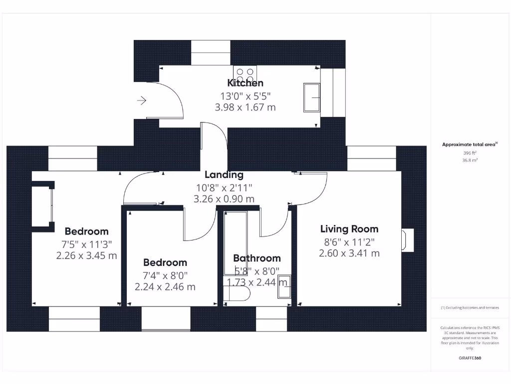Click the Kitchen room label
coord(245,83)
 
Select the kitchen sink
coord(312,97)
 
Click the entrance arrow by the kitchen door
coord(142,101)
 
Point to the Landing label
coord(224,175)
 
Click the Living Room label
coord(349,229)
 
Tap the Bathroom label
coord(257,258)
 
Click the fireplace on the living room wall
coord(408,240)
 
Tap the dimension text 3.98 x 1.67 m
coord(245,107)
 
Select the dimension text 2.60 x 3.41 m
coord(349,253)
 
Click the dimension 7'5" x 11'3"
coord(86,244)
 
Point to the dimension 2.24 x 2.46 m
coord(165,287)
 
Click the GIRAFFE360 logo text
coord(470,358)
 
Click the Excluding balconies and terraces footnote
coord(470,307)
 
